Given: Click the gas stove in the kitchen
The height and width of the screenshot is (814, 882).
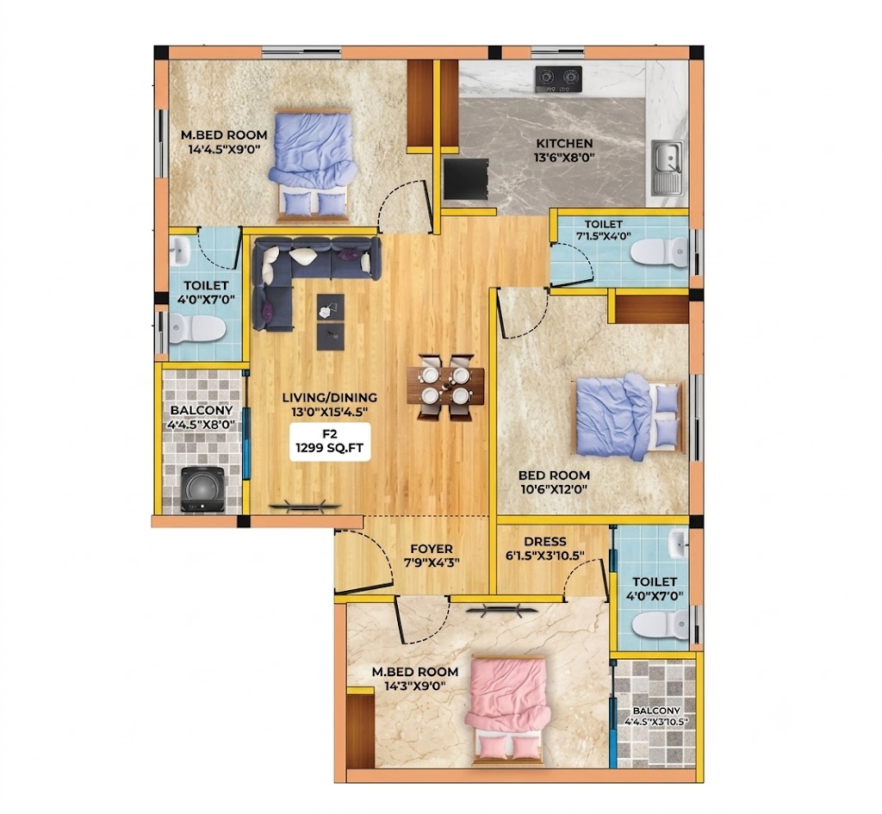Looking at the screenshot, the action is point(558,80).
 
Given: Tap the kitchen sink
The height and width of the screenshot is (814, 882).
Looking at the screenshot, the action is point(668,165).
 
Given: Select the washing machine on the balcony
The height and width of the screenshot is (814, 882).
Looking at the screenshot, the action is point(203,489).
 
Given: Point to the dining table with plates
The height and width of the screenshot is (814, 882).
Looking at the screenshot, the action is point(445,385).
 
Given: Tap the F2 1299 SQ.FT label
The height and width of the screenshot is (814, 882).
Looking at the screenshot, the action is point(330,442).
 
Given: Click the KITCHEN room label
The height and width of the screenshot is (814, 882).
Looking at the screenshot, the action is point(563,144).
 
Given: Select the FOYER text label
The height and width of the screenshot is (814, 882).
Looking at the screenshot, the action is point(431,549).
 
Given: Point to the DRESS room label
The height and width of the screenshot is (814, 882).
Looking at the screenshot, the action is point(544,542).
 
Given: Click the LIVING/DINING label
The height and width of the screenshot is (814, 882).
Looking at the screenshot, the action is point(330,398).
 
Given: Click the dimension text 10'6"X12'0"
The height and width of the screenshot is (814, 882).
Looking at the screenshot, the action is point(554,489).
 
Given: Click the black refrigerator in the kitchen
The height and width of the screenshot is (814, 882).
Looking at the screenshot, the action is point(465,179).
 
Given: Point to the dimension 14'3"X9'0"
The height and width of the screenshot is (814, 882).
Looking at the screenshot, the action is point(415,687).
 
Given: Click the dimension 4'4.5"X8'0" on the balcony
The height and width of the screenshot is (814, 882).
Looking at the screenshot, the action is point(202,425).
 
